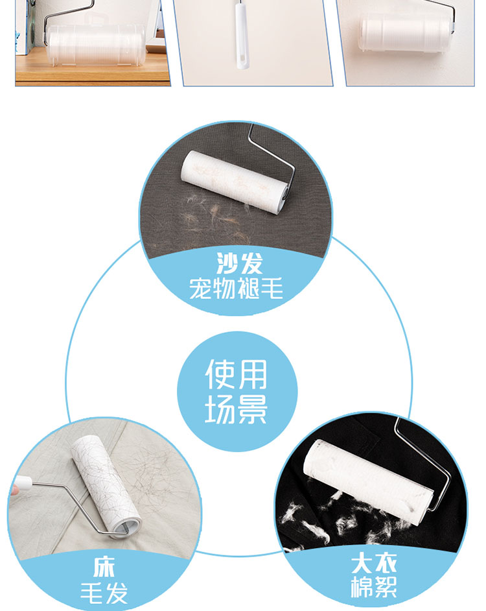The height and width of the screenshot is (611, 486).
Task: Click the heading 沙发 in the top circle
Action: coord(240,264)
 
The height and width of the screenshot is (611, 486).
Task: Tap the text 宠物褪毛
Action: coord(237,289)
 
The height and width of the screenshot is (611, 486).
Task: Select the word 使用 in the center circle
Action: coord(237,374)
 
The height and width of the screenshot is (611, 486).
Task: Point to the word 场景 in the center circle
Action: coord(237,409)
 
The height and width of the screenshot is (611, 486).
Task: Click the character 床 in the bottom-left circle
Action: coord(104,567)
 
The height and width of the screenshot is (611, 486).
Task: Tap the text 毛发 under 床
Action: coord(104,593)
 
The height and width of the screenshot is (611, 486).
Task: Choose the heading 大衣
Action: coord(374,564)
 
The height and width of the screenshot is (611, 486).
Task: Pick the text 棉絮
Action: coord(374,587)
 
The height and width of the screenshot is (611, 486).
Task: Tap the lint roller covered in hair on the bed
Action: coord(105,486)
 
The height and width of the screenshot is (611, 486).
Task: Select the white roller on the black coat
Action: coord(368,482)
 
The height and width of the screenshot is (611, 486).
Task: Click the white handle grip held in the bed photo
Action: coord(23,484)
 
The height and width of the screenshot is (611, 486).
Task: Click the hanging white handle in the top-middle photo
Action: coord(241,35)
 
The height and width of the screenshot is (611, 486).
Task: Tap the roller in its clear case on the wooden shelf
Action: coord(96,43)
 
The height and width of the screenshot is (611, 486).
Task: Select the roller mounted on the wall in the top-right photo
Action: coord(405,32)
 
